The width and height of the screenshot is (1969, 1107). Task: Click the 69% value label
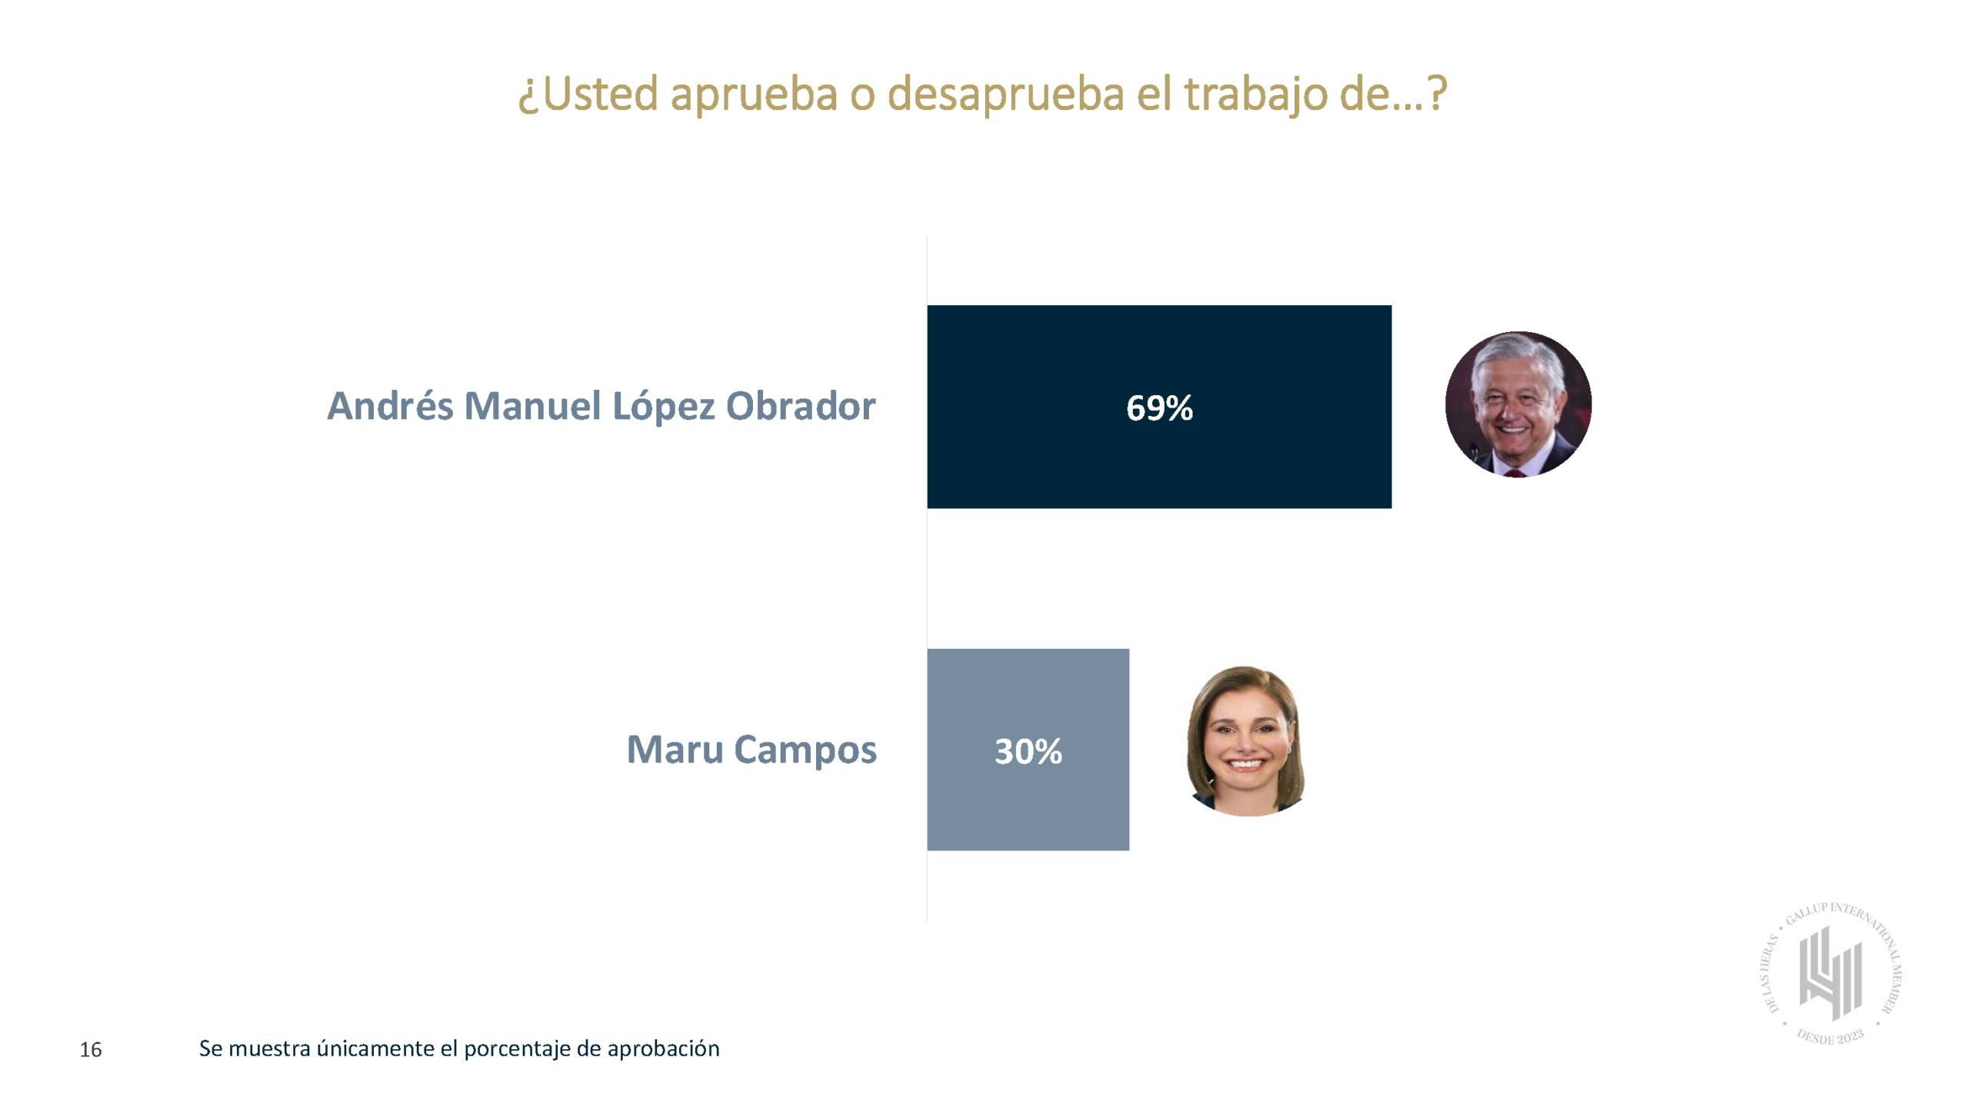[x=1159, y=407]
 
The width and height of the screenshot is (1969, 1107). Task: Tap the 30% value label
[x=1028, y=751]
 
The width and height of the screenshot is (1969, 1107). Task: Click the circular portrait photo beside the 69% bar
[x=1518, y=404]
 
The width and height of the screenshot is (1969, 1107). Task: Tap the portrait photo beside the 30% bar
[x=1246, y=741]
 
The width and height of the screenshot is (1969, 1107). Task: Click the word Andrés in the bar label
[x=390, y=406]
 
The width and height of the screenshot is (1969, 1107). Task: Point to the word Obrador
[x=801, y=406]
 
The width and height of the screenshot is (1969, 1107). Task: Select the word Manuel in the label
[x=532, y=406]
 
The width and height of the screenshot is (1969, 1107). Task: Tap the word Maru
[x=675, y=750]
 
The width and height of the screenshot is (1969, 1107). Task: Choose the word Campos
[x=805, y=751]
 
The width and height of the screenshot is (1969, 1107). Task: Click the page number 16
[x=91, y=1049]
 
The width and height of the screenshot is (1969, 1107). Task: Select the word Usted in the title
[x=600, y=94]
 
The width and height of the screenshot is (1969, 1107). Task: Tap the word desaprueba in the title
[x=1005, y=95]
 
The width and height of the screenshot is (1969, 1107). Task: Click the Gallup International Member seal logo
[x=1831, y=973]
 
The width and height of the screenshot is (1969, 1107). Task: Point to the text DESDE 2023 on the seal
[x=1830, y=1036]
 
